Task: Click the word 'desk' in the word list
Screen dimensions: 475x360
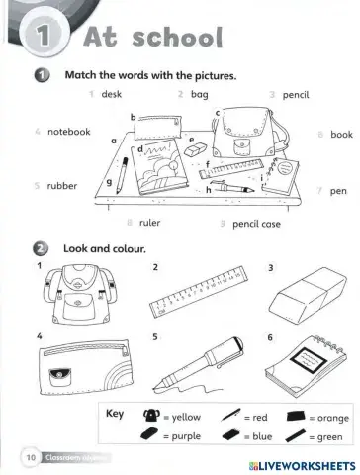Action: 112,94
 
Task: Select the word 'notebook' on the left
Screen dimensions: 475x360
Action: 68,131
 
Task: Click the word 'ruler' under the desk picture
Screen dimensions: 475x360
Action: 149,224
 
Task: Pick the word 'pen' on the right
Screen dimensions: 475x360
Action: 338,189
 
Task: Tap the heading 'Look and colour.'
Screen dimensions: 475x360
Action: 105,248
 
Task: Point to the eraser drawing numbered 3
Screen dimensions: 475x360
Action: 307,294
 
